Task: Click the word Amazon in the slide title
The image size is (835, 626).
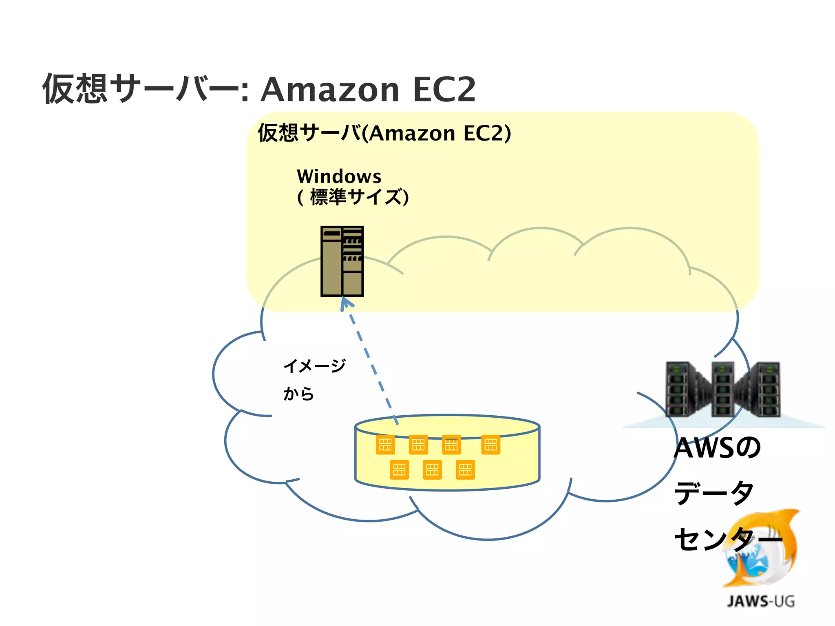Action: [x=329, y=90]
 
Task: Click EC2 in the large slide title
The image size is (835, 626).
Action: [x=444, y=90]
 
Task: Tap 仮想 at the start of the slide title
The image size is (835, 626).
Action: [x=75, y=89]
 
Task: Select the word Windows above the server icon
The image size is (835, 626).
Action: [x=339, y=176]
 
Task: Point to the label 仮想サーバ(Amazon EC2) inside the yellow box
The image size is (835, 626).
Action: [x=384, y=133]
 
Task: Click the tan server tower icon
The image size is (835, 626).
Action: [x=342, y=261]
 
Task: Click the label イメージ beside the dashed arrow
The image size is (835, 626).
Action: [x=314, y=366]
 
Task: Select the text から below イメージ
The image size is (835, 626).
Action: [x=298, y=394]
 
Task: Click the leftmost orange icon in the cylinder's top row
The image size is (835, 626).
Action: [x=385, y=445]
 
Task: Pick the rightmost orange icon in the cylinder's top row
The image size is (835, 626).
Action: [x=490, y=445]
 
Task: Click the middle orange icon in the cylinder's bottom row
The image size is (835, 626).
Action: [x=432, y=469]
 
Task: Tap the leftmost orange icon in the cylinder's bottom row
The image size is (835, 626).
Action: [x=399, y=469]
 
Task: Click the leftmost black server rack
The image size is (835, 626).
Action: [x=679, y=389]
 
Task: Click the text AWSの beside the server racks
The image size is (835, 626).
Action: [x=717, y=447]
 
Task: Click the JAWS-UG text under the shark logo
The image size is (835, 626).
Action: [x=760, y=602]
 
